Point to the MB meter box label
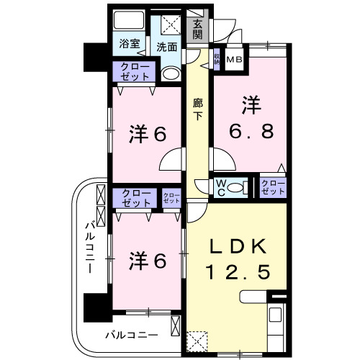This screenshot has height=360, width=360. (235, 60)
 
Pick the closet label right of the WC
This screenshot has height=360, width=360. (273, 188)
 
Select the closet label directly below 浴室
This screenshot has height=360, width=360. (131, 71)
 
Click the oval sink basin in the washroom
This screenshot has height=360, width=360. (170, 73)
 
